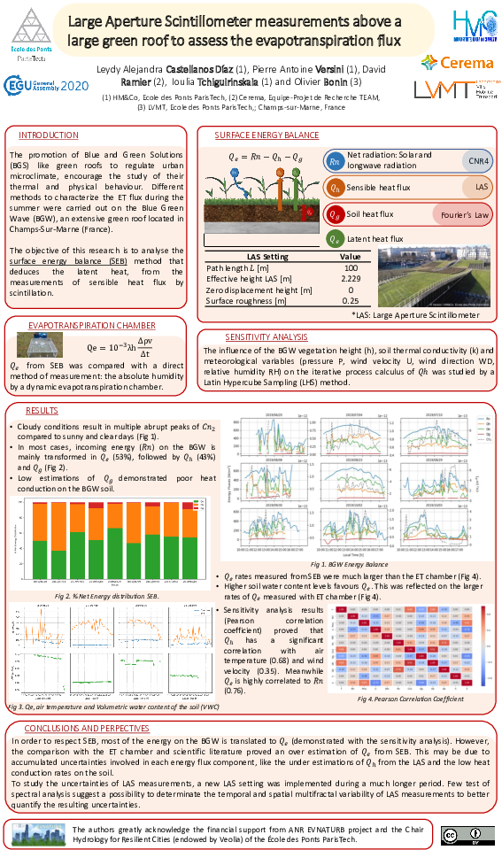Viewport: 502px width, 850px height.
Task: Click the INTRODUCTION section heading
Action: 49,135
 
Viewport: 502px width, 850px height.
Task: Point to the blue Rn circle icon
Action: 334,161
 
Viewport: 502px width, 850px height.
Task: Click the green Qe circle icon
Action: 334,239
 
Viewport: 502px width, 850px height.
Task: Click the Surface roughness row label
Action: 246,301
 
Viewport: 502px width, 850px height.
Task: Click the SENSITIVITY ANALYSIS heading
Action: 266,337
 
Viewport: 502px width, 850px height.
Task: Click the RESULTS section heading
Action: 41,411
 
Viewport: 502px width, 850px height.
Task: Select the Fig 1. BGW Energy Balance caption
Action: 350,564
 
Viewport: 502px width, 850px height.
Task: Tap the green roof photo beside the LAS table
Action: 434,276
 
